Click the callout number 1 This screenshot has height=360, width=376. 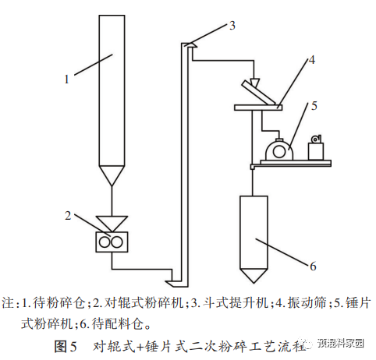[67, 79]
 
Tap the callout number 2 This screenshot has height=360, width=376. [68, 216]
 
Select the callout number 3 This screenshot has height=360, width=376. [232, 26]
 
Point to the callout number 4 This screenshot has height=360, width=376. [311, 60]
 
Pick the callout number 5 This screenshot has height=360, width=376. [314, 106]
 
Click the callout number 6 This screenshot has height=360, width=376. [313, 266]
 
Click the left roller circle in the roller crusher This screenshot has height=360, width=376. [105, 242]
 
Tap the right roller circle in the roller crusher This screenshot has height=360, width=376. [116, 242]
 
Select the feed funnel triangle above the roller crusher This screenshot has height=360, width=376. [112, 222]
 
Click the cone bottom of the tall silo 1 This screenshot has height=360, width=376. [112, 174]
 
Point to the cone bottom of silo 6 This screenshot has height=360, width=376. [254, 275]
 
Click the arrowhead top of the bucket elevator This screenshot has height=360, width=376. [189, 44]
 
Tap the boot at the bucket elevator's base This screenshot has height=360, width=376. [177, 284]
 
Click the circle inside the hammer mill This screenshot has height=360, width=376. [279, 152]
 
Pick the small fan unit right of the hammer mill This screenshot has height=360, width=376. [316, 147]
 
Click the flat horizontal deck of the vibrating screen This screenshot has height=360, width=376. [258, 108]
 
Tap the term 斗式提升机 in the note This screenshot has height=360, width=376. [236, 303]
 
